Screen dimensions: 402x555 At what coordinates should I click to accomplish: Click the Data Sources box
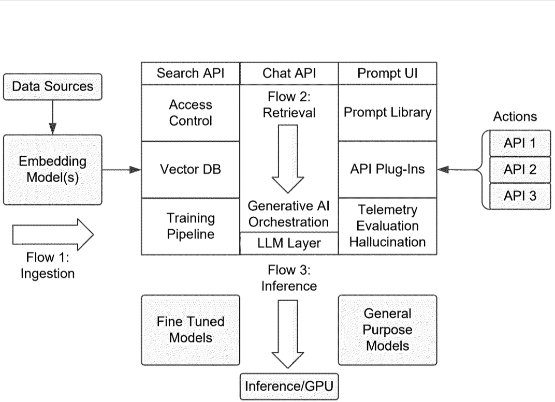pyautogui.click(x=52, y=86)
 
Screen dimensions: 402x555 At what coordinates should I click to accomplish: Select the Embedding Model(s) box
pyautogui.click(x=52, y=169)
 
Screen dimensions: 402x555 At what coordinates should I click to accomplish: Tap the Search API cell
pyautogui.click(x=191, y=73)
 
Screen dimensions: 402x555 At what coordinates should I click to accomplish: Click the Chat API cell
pyautogui.click(x=289, y=73)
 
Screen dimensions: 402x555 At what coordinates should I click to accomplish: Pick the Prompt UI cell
pyautogui.click(x=387, y=73)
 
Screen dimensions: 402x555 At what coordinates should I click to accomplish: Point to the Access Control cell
pyautogui.click(x=191, y=113)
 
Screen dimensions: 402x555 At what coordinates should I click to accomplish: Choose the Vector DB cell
pyautogui.click(x=191, y=169)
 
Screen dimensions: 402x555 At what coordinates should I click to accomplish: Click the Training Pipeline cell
pyautogui.click(x=191, y=226)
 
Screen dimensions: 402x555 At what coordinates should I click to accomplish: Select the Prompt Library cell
pyautogui.click(x=387, y=113)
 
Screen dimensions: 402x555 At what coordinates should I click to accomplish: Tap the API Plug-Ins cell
pyautogui.click(x=387, y=169)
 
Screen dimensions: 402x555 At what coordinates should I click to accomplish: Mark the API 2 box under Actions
pyautogui.click(x=520, y=169)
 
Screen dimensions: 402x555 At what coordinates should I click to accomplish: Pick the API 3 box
pyautogui.click(x=520, y=196)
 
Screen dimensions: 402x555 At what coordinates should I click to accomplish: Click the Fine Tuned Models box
pyautogui.click(x=191, y=330)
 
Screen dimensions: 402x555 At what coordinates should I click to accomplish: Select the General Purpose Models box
pyautogui.click(x=387, y=330)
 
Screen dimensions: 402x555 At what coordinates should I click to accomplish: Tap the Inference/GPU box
pyautogui.click(x=289, y=386)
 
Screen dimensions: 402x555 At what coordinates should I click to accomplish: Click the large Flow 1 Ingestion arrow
pyautogui.click(x=52, y=234)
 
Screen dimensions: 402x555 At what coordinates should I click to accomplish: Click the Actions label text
pyautogui.click(x=515, y=116)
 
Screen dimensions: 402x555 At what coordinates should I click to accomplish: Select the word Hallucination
pyautogui.click(x=387, y=242)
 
